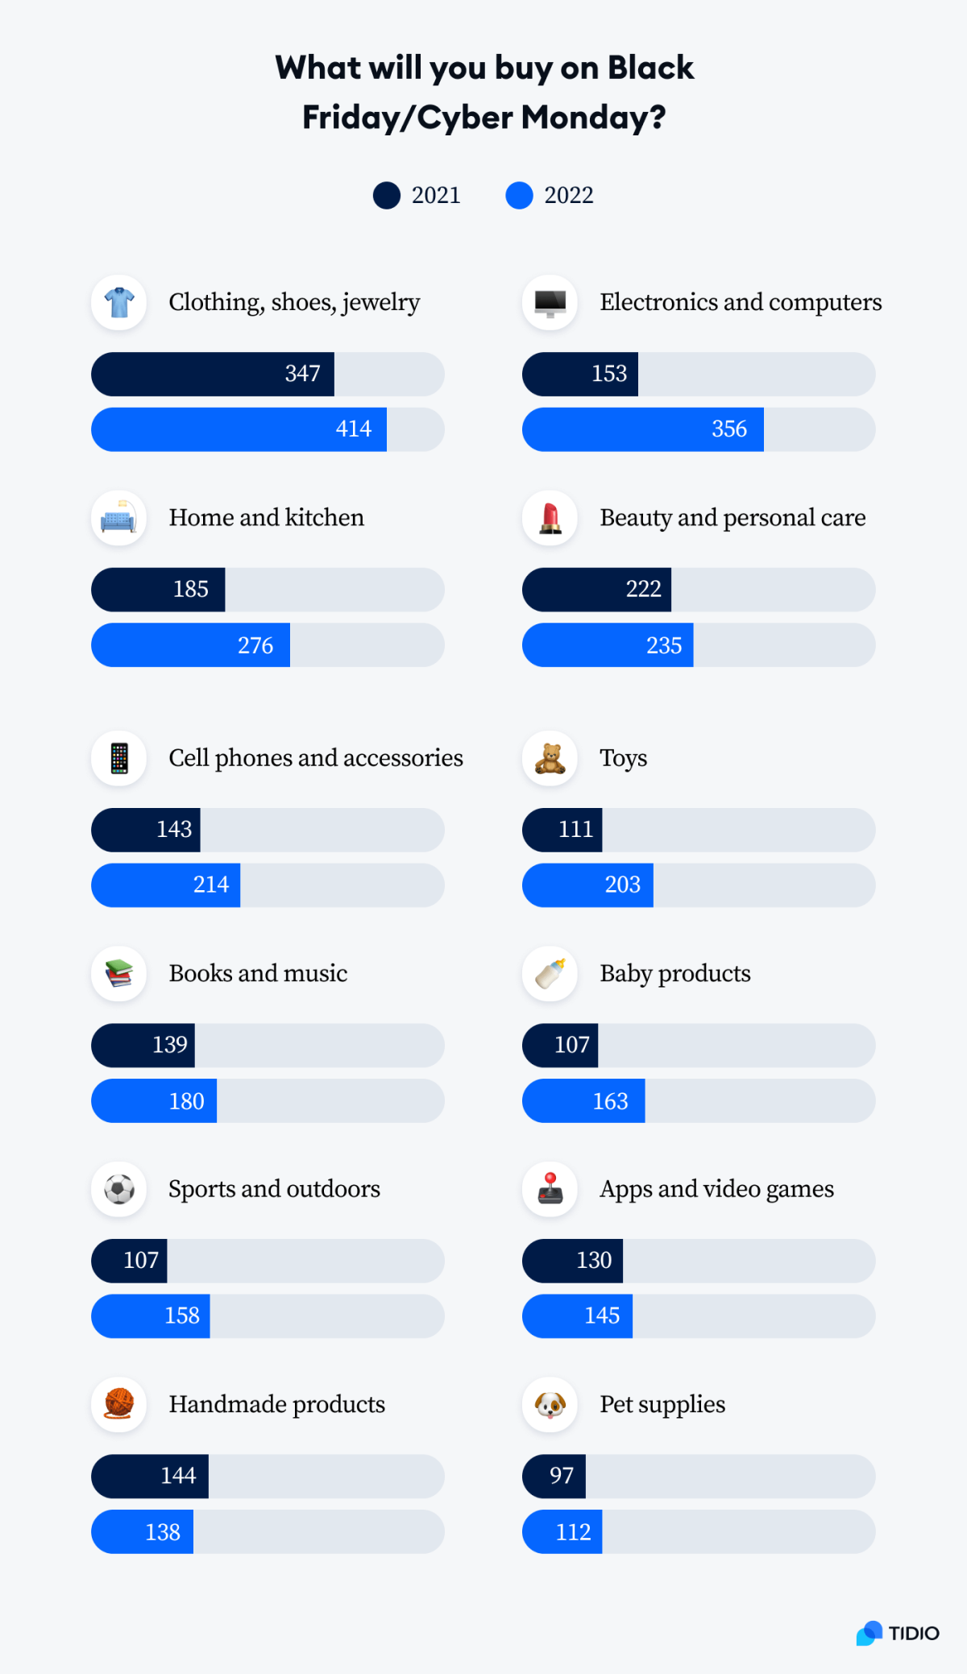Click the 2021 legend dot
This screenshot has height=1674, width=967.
387,195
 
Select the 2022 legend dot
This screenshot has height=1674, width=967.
519,195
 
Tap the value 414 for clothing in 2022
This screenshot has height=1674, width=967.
353,429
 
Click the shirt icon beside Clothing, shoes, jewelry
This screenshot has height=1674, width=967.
119,303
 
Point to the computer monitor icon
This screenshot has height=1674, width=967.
550,303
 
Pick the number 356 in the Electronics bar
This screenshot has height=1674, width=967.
728,429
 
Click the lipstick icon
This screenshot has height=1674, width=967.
550,518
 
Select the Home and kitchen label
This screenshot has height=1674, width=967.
266,517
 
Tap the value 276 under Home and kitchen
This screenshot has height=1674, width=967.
255,645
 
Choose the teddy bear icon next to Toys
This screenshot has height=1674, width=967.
550,758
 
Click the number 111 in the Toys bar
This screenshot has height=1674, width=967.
575,829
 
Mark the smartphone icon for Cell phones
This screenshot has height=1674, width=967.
119,758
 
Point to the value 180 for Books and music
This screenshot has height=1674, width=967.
186,1101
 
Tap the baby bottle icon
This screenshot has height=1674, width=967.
550,973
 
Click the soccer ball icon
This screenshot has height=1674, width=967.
119,1189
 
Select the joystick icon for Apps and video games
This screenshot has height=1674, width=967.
550,1189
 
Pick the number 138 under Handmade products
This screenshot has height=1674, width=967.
162,1532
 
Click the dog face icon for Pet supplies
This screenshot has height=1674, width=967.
550,1405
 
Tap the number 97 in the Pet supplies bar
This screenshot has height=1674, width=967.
561,1476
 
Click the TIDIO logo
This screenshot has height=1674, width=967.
898,1633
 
